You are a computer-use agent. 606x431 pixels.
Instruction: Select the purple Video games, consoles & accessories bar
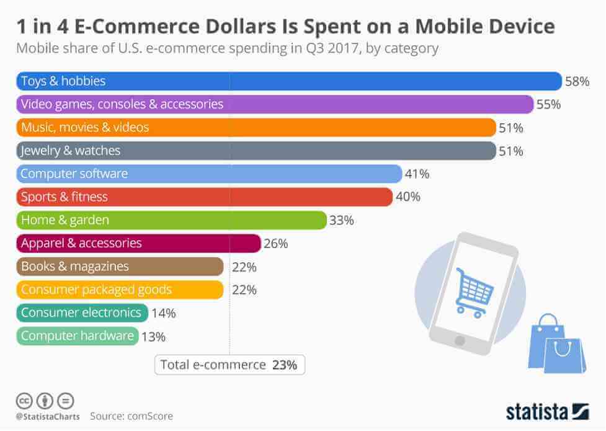tap(274, 104)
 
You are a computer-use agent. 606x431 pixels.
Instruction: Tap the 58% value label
tap(576, 81)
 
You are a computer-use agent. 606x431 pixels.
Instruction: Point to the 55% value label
tap(548, 104)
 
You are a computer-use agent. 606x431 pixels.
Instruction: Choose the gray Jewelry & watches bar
tap(255, 151)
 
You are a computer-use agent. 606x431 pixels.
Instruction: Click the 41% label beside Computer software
tap(416, 174)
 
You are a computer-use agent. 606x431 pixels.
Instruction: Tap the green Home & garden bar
tap(171, 220)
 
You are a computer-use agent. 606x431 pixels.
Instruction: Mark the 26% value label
tap(275, 244)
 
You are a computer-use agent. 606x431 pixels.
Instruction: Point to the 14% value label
tap(163, 313)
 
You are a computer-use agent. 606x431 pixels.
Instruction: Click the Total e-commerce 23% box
tap(229, 365)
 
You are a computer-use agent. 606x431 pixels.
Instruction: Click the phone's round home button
tap(460, 340)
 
